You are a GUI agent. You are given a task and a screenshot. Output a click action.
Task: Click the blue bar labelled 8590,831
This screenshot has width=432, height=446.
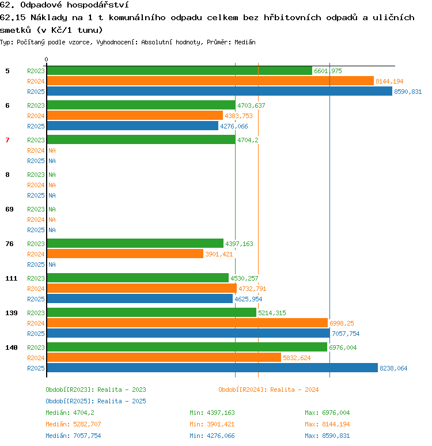coord(219,91)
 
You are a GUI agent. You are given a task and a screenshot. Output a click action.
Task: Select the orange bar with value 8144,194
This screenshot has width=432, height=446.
coord(210,81)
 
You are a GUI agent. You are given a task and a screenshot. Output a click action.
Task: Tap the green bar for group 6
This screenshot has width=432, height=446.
coord(141,105)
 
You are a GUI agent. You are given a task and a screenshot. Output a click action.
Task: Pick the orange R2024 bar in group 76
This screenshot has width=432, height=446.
coord(125,254)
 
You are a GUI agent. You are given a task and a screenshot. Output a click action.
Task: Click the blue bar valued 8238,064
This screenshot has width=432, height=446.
coord(212,368)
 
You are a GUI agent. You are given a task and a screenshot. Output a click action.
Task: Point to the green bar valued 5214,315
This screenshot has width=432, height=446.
coord(151,312)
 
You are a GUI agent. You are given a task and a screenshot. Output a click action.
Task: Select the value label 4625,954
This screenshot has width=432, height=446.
coord(248,299)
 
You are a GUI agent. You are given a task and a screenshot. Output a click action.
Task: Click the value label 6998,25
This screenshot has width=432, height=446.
coord(342,323)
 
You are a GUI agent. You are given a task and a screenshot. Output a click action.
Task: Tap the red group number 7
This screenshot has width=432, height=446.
coord(7,140)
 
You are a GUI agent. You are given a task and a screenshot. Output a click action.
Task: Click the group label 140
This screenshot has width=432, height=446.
coord(12,347)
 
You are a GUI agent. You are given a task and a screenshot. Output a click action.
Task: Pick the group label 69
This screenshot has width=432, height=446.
coord(9,209)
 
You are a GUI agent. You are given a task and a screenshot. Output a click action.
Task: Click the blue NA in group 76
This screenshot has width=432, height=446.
coord(52,264)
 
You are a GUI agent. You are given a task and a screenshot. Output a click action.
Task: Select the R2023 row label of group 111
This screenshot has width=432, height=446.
coord(36,278)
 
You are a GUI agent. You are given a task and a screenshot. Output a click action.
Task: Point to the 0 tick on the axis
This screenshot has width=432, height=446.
coord(46,59)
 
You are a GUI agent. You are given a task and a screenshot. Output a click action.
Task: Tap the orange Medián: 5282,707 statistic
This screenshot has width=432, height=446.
coord(73,424)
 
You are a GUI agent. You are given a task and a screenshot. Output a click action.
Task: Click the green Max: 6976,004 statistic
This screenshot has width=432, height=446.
coord(327,413)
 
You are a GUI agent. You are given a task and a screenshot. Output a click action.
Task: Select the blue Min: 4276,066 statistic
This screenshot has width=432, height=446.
coord(212,436)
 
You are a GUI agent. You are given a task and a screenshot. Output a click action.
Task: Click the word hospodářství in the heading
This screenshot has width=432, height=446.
coord(98,5)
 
